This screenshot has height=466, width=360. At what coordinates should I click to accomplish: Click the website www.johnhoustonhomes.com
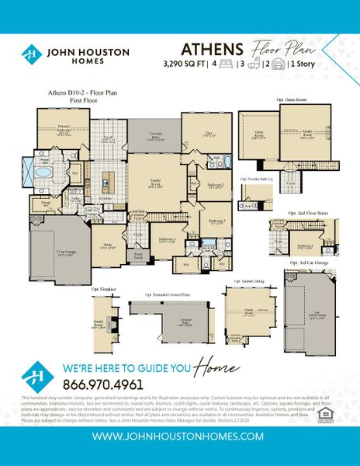tap(179, 437)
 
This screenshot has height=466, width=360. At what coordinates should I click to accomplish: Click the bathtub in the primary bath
tap(43, 173)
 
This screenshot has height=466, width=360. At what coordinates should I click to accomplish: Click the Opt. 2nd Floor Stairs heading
tap(303, 212)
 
